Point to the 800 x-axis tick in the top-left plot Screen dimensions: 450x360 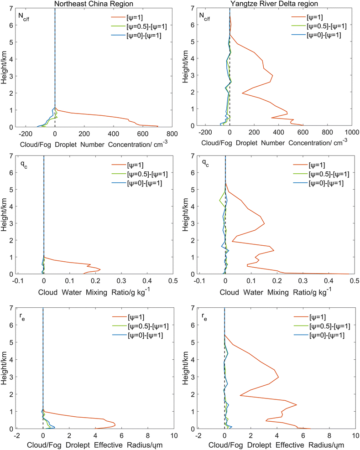click(172, 134)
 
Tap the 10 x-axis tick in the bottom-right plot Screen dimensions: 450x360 click(353, 435)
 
